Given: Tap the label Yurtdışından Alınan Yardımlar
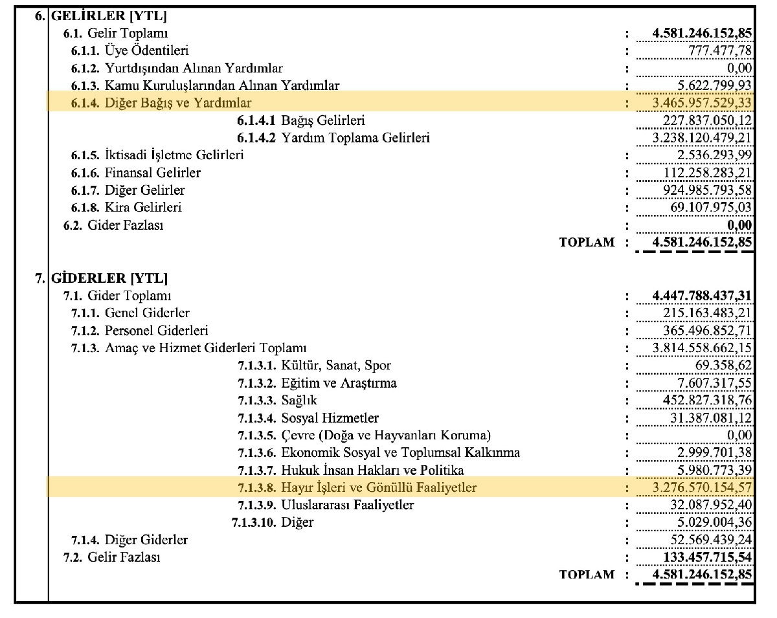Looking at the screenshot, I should point(194,68).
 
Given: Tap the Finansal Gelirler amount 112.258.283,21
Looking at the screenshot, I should point(708,173).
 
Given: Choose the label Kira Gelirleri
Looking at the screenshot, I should point(143,208).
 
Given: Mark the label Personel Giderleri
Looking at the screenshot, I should point(157,331).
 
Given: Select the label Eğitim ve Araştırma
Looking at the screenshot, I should point(339,383).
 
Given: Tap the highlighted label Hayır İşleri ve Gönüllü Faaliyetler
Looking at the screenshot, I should point(379,487).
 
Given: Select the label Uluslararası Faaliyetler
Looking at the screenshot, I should point(348,505).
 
